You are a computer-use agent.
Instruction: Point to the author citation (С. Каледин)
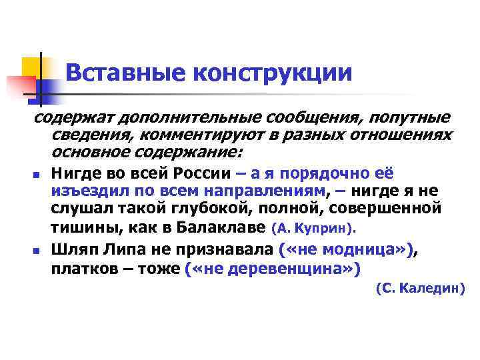coord(420,288)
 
